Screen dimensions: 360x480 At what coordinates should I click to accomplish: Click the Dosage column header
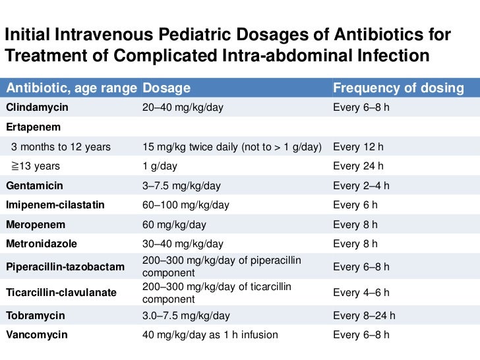pyautogui.click(x=166, y=88)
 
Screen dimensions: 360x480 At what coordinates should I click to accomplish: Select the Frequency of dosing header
pyautogui.click(x=398, y=88)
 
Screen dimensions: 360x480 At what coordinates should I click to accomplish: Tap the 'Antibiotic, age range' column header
pyautogui.click(x=71, y=88)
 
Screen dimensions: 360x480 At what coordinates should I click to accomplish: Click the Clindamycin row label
pyautogui.click(x=37, y=107)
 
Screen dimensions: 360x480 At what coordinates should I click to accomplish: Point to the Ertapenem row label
pyautogui.click(x=32, y=127)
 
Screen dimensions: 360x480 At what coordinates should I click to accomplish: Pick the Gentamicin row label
pyautogui.click(x=34, y=186)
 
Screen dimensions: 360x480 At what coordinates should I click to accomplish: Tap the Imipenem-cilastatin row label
pyautogui.click(x=55, y=205)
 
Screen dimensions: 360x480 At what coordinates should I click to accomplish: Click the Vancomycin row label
pyautogui.click(x=37, y=335)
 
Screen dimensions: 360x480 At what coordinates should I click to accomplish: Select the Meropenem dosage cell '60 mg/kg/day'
pyautogui.click(x=174, y=225)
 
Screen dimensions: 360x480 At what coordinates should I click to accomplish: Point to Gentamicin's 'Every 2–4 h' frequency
pyautogui.click(x=361, y=186)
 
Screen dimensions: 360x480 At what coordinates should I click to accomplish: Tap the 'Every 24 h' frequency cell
pyautogui.click(x=358, y=166)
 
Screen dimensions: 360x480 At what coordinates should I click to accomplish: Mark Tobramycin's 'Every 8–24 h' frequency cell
pyautogui.click(x=364, y=315)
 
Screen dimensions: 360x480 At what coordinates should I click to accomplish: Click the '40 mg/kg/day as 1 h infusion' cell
pyautogui.click(x=210, y=335)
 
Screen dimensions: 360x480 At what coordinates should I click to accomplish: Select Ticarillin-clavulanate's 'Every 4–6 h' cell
pyautogui.click(x=361, y=292)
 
